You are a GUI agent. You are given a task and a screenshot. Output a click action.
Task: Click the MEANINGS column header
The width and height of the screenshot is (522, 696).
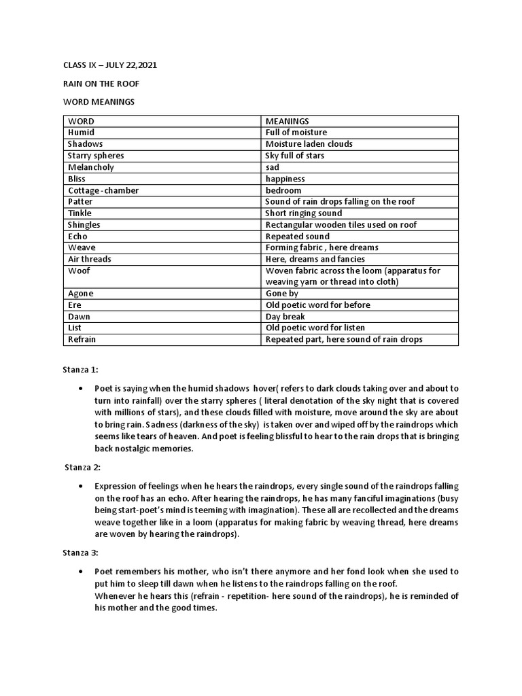coord(288,121)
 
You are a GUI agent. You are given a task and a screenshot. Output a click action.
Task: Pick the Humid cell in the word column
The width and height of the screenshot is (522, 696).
coord(81,133)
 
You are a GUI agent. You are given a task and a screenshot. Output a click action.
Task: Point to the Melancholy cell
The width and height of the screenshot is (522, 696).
coord(91,167)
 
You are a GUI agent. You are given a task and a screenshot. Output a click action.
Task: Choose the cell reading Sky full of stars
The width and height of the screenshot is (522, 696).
coord(294,156)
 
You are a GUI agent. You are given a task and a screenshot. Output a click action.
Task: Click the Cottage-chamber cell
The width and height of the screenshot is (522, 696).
coord(103,190)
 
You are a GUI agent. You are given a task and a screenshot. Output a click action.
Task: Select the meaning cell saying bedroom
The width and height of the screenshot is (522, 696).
coord(283,190)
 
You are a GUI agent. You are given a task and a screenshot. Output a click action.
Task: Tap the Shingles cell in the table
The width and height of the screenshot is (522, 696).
coord(84,225)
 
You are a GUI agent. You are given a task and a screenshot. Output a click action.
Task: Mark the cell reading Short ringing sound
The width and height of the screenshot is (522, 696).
coord(304,213)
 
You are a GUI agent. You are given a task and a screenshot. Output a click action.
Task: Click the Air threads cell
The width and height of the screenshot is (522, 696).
coord(90,260)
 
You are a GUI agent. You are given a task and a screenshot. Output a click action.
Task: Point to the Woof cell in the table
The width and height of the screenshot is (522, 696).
coord(79,271)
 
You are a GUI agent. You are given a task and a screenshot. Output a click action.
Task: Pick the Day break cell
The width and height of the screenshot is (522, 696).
coord(285,317)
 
